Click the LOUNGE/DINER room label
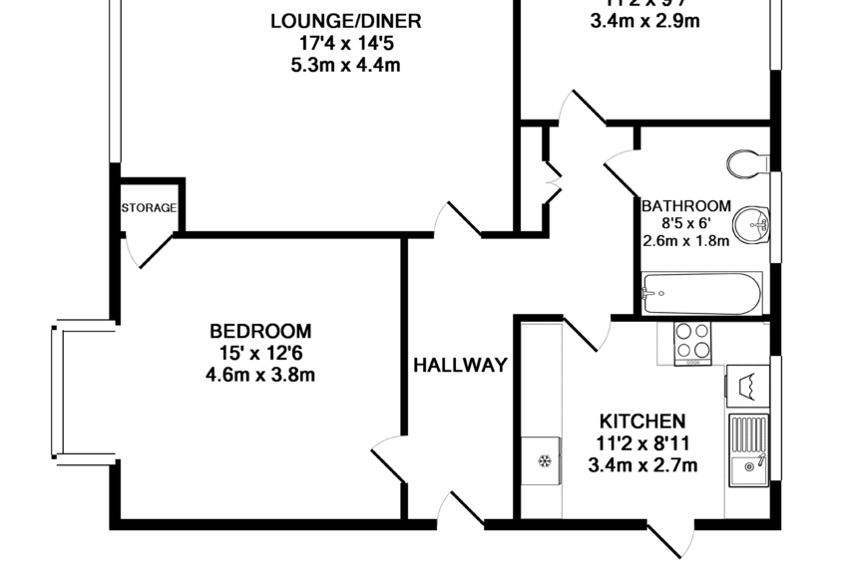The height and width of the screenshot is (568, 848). pos(344,21)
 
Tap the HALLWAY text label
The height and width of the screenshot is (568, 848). pos(460,365)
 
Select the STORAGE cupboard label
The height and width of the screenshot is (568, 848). pos(149,208)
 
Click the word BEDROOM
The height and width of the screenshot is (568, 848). pos(259,331)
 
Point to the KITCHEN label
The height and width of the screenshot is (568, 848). pos(641,421)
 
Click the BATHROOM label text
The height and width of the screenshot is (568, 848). pos(685,206)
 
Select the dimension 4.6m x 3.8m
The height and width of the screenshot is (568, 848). pos(259,375)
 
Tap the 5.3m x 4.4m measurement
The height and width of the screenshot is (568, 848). pos(344,66)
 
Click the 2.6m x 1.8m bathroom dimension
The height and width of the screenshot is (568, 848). pos(685,240)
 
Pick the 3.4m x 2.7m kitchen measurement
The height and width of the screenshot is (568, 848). pos(641,464)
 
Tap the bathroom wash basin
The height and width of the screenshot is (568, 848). pos(753,223)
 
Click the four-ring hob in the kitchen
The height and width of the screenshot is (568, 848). pos(692,342)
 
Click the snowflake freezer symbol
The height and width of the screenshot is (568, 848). pos(544,461)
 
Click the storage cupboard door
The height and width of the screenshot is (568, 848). pos(152,251)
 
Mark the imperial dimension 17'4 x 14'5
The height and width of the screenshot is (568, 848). pos(344,44)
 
